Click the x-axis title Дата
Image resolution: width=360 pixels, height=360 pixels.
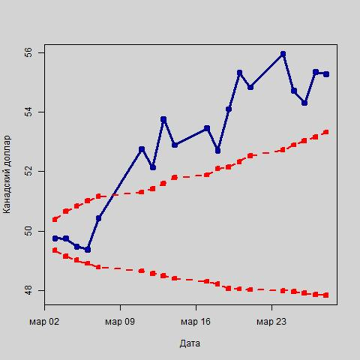click(191, 343)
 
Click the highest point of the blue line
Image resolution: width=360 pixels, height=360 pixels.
click(283, 54)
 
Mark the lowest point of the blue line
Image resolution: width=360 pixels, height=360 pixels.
click(88, 250)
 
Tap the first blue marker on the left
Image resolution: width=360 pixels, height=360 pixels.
click(55, 238)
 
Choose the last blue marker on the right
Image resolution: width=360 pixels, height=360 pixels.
click(326, 74)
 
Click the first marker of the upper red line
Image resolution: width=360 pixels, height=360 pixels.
click(55, 219)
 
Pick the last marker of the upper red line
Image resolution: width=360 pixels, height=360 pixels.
click(326, 132)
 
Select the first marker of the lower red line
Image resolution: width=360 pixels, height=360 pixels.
click(55, 250)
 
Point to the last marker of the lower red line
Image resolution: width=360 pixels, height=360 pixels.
click(326, 295)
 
